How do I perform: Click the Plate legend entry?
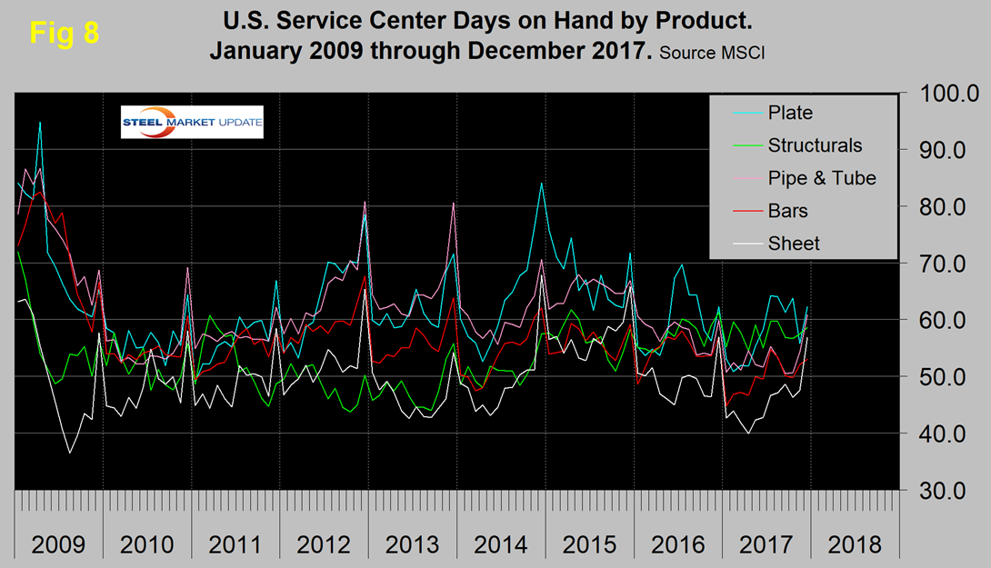(789, 114)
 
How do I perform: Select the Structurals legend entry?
(814, 145)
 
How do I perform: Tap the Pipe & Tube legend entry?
(821, 178)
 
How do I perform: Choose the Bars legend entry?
(787, 211)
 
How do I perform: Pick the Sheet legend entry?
(793, 244)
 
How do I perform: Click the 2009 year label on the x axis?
(58, 545)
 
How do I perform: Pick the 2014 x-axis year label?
(500, 545)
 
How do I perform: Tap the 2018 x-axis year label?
(854, 545)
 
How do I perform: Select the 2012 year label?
(324, 545)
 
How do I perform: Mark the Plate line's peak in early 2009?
(40, 122)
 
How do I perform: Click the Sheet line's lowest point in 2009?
(69, 452)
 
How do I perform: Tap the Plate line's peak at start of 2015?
(542, 184)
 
